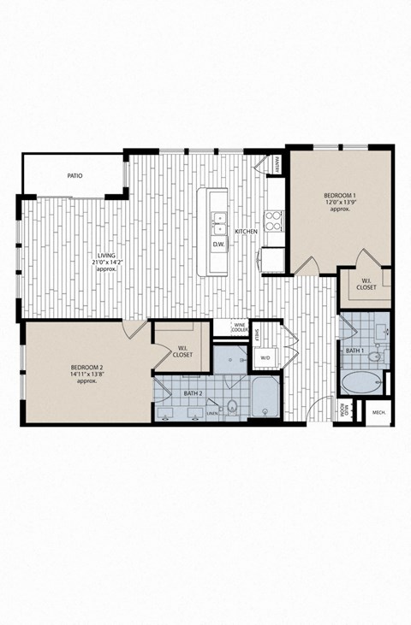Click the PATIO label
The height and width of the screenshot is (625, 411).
pos(74,176)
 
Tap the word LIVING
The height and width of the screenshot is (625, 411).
pos(106,256)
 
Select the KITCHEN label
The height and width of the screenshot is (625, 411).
pos(247,232)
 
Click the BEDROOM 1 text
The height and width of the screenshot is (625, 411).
pos(340,196)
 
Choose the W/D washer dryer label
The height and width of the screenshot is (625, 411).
pos(265,358)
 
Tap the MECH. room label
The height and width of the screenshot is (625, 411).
pos(378,414)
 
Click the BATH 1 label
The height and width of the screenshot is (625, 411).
pos(356,351)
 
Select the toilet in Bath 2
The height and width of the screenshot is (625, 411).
pos(232,405)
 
